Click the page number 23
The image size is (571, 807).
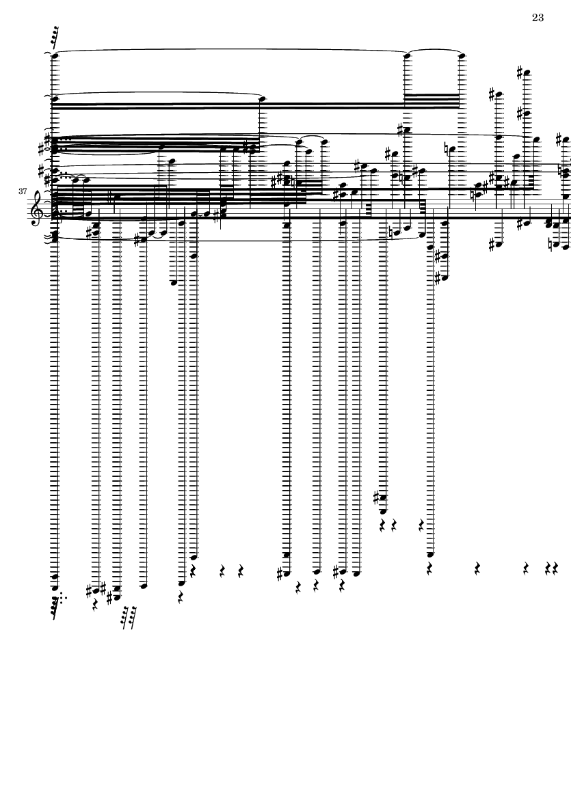coord(537,18)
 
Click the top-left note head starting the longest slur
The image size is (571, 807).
coord(55,55)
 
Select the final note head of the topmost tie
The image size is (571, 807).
coord(462,55)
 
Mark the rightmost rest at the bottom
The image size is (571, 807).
coord(557,568)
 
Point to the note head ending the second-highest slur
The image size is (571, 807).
coord(263,99)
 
